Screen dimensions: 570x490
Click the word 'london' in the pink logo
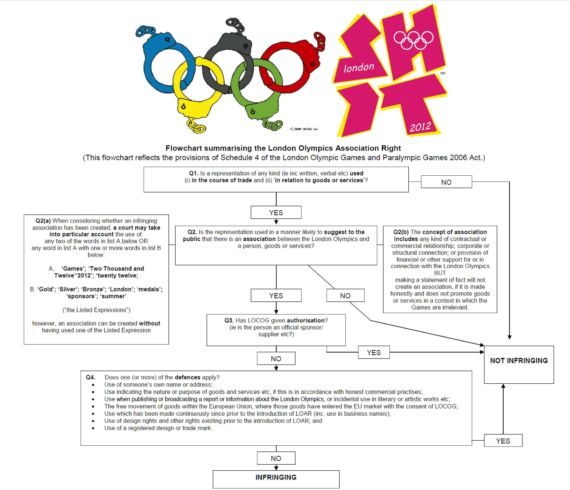(358, 67)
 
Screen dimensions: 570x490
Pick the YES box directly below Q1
(276, 212)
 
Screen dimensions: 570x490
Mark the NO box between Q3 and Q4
(276, 358)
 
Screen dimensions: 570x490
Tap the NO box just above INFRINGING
(276, 458)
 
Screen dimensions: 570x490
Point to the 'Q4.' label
(91, 377)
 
